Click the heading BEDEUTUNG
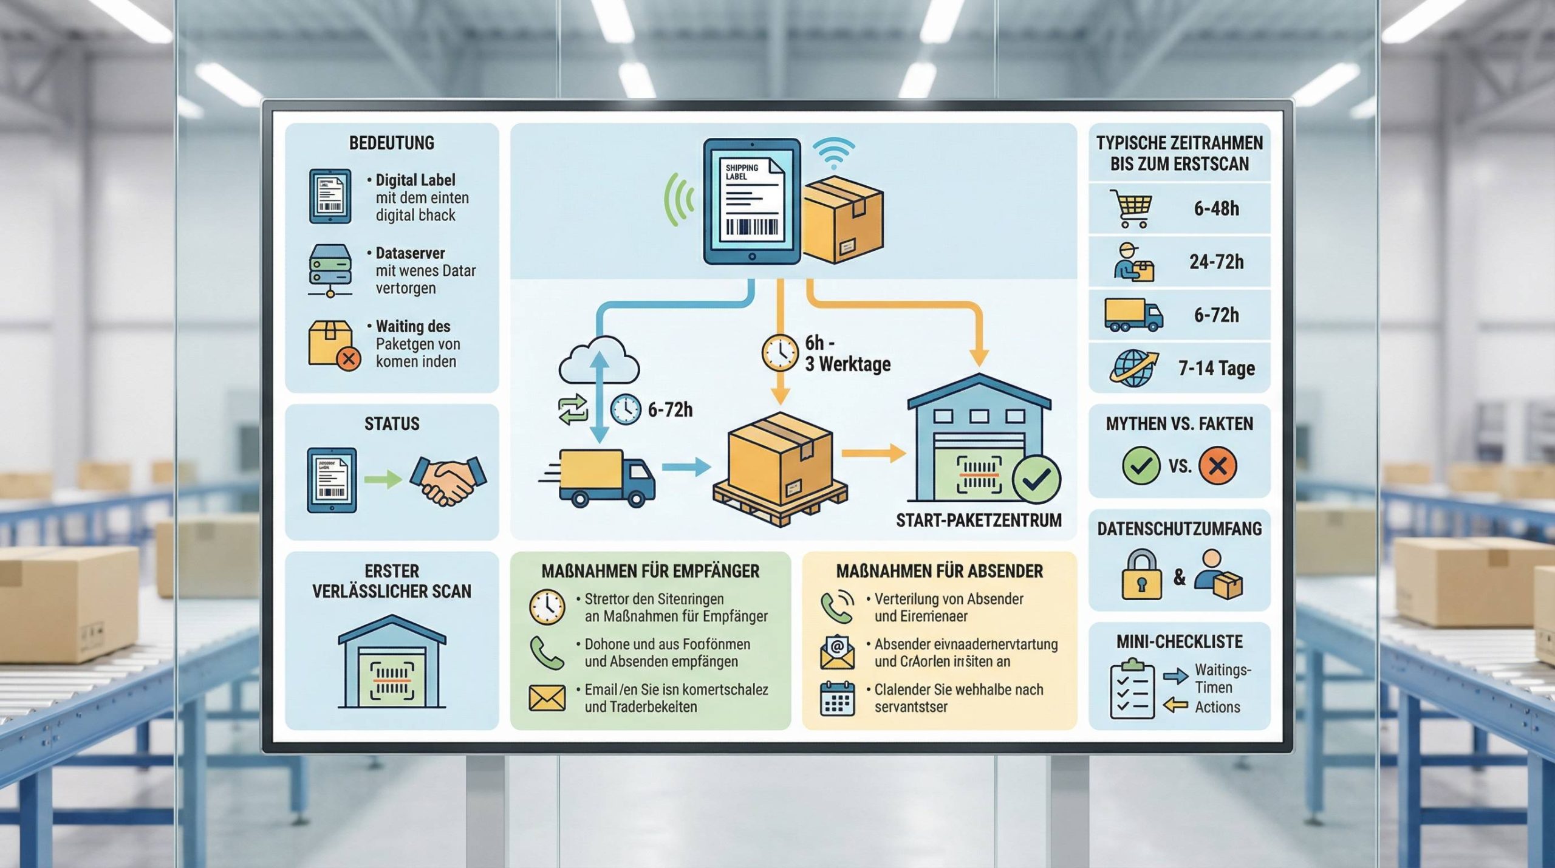click(x=392, y=143)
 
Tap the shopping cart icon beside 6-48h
click(x=1130, y=208)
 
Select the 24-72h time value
click(x=1216, y=262)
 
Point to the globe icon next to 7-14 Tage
click(x=1132, y=367)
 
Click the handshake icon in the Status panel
click(x=448, y=480)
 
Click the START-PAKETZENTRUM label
click(x=979, y=520)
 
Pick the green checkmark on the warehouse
click(x=1036, y=480)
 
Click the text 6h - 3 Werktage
click(x=847, y=354)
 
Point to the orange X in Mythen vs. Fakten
click(x=1217, y=465)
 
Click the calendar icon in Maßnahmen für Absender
click(x=837, y=699)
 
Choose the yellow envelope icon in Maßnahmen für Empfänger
click(x=547, y=699)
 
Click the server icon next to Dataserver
click(x=330, y=270)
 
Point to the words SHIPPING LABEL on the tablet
click(x=742, y=172)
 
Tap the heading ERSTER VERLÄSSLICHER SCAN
click(x=392, y=581)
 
